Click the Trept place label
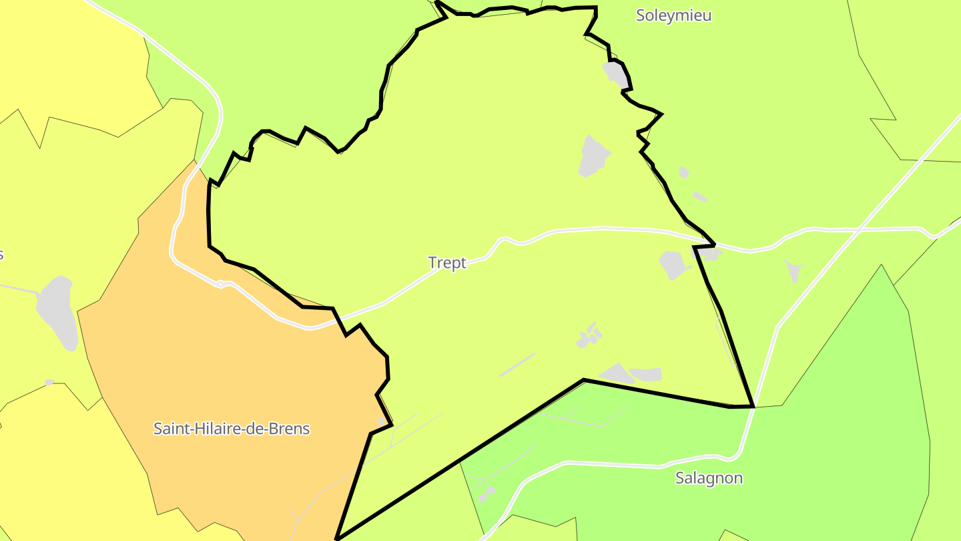click(x=447, y=262)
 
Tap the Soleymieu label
click(x=673, y=15)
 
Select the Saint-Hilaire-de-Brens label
click(x=232, y=428)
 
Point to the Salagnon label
click(x=709, y=478)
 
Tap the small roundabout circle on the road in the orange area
click(x=220, y=284)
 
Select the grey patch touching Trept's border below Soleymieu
click(x=616, y=74)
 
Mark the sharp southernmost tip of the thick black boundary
click(x=338, y=538)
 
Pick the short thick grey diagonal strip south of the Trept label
click(x=517, y=365)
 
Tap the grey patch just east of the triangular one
click(x=646, y=374)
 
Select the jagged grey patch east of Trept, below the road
click(x=793, y=270)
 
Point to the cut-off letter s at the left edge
click(x=1, y=254)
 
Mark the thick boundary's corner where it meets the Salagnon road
click(x=753, y=405)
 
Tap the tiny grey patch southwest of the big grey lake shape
click(x=49, y=382)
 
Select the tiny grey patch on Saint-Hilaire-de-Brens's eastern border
click(x=381, y=421)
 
